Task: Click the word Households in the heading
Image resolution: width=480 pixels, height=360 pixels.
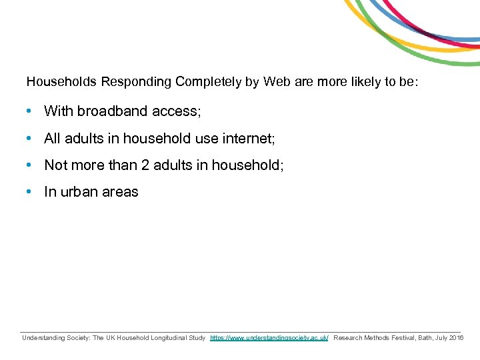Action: tap(62, 82)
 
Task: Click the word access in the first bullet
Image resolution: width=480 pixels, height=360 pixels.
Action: tap(176, 111)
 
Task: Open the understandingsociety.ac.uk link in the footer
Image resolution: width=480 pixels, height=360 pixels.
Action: tap(269, 338)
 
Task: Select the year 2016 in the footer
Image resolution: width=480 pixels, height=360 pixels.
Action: tap(457, 338)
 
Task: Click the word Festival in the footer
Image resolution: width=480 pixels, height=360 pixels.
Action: tap(397, 338)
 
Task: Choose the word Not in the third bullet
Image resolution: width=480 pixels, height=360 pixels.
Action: tap(55, 165)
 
